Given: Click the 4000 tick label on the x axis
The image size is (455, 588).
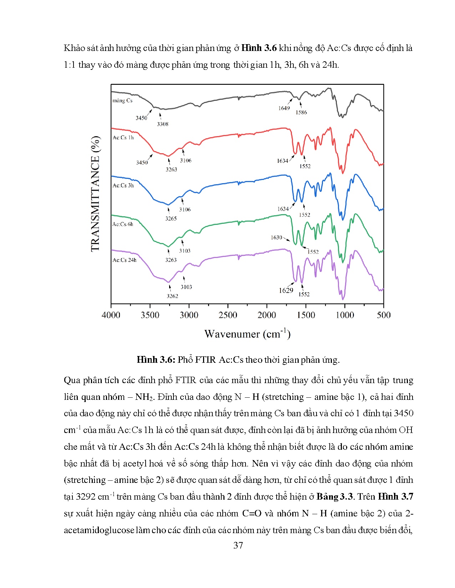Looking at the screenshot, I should (x=111, y=315).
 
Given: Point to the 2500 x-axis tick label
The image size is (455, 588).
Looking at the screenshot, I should (x=228, y=315).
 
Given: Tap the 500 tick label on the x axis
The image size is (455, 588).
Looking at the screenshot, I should (x=384, y=315).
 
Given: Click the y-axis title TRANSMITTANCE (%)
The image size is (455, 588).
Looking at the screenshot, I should (x=95, y=194).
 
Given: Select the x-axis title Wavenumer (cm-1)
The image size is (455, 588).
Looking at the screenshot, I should (x=247, y=334).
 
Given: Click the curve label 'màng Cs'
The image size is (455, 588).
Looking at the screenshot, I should (x=122, y=101).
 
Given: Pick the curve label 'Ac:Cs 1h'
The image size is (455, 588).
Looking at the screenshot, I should (x=123, y=138).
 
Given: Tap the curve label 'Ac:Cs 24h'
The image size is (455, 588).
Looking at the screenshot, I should (x=125, y=260).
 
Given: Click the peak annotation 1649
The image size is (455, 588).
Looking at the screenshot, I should (x=284, y=108).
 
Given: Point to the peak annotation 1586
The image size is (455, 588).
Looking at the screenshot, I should (x=301, y=112).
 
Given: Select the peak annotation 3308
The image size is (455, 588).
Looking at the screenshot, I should (x=163, y=124).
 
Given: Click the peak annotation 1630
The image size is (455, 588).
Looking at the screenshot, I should (x=276, y=237).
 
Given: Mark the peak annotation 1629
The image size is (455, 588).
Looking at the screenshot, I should (x=286, y=290).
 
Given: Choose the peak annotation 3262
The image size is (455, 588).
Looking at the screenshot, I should (x=172, y=296).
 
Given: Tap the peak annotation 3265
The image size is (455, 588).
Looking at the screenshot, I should (x=171, y=218).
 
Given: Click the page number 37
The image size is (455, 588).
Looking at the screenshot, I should (x=238, y=545).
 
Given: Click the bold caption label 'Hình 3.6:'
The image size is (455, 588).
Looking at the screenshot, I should (x=156, y=360).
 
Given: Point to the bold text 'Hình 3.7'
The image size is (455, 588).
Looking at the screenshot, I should (x=395, y=496).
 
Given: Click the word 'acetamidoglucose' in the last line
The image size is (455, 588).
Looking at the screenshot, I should (x=99, y=530).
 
